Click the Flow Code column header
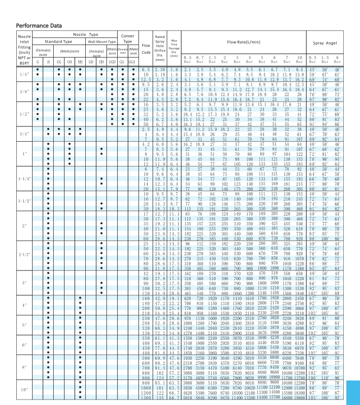tap(146, 48)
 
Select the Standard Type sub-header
tap(58, 41)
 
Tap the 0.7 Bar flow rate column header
tap(200, 59)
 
